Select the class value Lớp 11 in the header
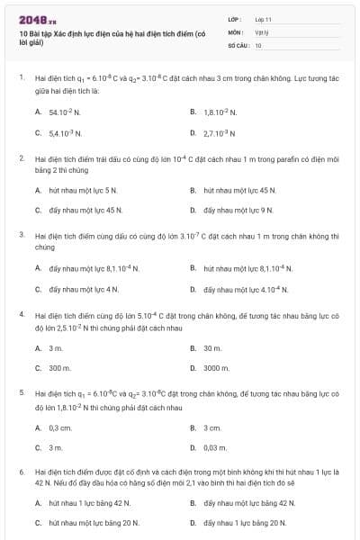[x=263, y=19]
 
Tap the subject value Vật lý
[x=262, y=31]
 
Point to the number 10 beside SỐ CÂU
[x=259, y=44]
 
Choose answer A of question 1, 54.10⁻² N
[x=65, y=112]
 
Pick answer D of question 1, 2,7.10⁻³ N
[x=220, y=133]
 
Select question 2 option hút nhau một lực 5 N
[x=83, y=190]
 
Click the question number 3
[x=21, y=234]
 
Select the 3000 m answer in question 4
[x=217, y=368]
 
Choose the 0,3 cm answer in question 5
[x=60, y=427]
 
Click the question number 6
[x=21, y=472]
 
